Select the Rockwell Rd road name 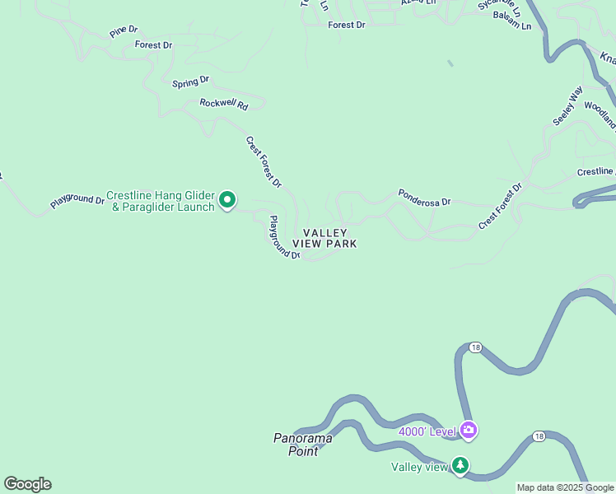[x=223, y=104]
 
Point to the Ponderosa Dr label [x=424, y=198]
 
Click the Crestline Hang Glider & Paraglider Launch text [x=161, y=202]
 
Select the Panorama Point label [x=302, y=444]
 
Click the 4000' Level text [x=427, y=431]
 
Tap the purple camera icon [x=469, y=430]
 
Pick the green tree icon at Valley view [x=460, y=466]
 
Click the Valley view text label [x=418, y=468]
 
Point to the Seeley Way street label [x=567, y=105]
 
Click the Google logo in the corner [x=27, y=484]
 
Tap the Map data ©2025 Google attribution [x=565, y=487]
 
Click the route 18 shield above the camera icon [x=475, y=347]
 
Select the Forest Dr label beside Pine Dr [x=153, y=44]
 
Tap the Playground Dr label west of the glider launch [x=77, y=200]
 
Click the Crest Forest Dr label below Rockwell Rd [x=264, y=161]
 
